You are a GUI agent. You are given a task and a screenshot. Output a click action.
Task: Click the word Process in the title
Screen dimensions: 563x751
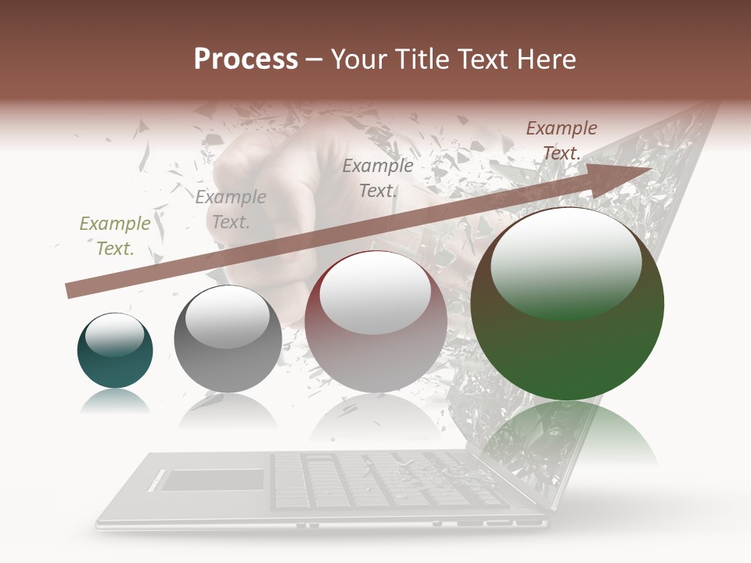click(x=246, y=59)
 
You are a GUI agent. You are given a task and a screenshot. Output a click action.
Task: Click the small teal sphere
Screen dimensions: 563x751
click(x=115, y=351)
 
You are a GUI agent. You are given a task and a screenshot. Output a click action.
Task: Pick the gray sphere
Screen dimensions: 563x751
click(x=228, y=339)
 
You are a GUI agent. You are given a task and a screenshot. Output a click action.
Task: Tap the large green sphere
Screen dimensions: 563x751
click(x=567, y=305)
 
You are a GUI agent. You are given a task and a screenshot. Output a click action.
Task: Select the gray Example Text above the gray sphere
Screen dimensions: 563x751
click(x=231, y=210)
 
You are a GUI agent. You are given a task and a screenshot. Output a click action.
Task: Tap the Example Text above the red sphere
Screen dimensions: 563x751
click(x=378, y=178)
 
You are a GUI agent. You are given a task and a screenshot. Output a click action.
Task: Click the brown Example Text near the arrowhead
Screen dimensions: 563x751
click(x=562, y=141)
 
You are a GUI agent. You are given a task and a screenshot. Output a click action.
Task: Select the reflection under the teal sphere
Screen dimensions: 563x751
click(x=115, y=402)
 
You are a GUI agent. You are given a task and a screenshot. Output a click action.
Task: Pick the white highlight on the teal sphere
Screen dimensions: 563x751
click(x=114, y=335)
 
